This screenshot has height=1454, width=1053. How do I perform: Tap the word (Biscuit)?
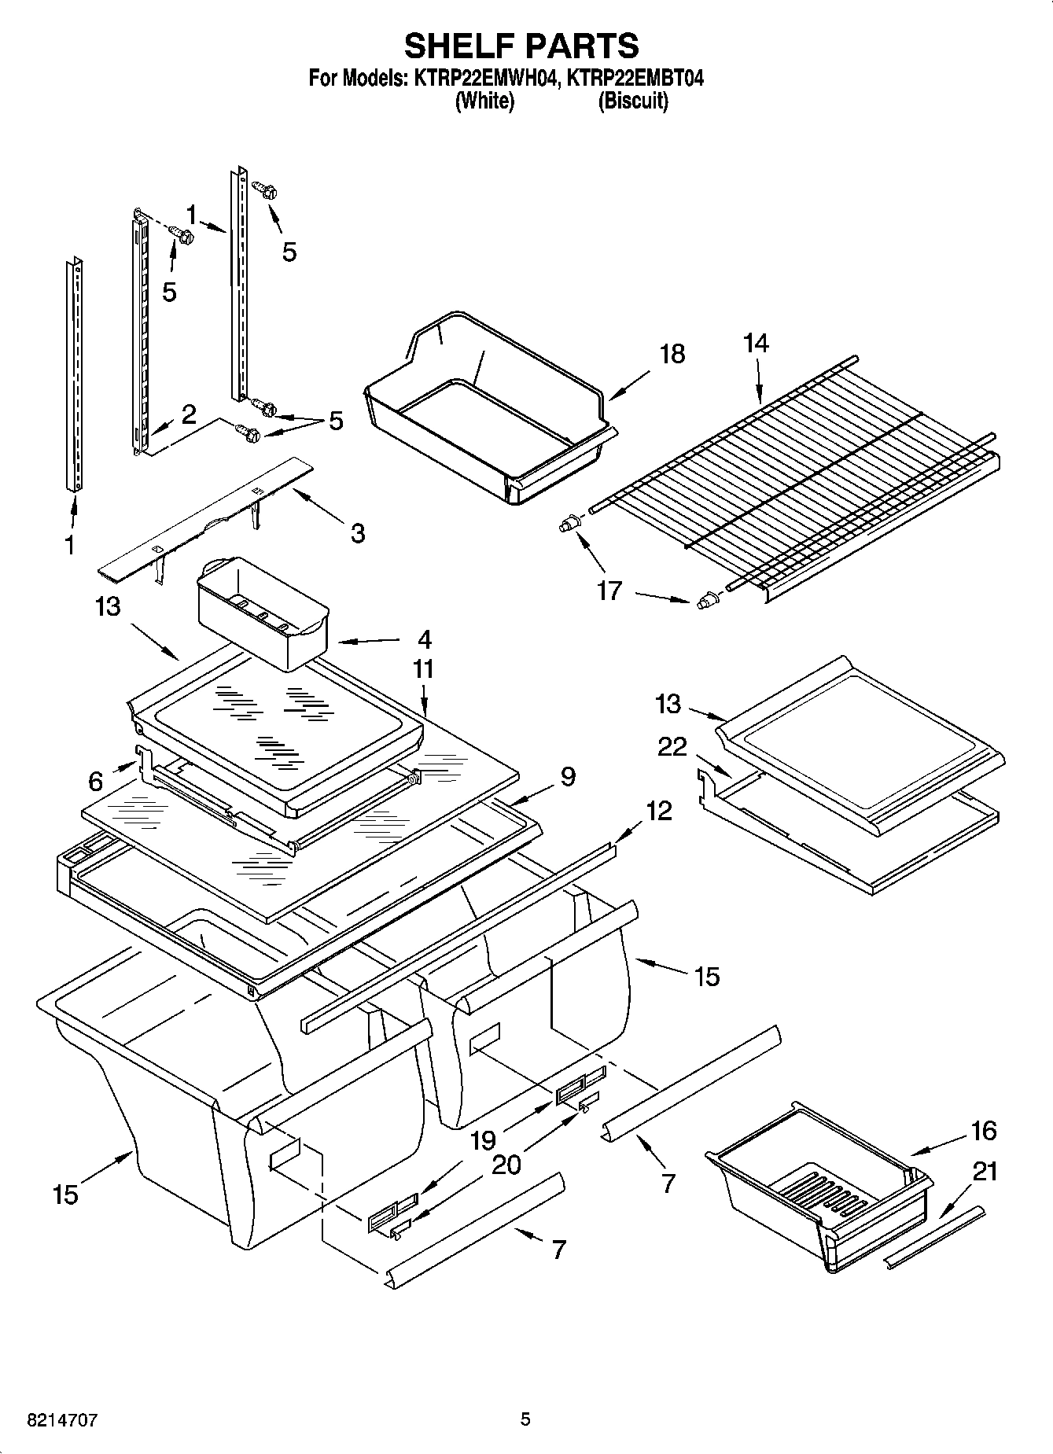633,101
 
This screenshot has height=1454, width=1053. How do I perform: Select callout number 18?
672,354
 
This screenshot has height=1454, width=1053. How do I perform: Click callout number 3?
358,533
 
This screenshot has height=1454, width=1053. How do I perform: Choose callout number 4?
424,639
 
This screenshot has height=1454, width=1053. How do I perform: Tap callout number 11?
423,670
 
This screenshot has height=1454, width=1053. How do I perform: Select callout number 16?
983,1131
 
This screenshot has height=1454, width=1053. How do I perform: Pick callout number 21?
985,1172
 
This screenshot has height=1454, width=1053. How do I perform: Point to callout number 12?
659,810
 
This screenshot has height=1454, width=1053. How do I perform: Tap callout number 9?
568,777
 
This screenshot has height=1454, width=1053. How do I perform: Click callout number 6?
95,781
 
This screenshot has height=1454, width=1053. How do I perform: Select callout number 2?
189,414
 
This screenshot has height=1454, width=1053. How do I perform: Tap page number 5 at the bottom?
525,1419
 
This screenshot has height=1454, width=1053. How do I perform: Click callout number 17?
609,590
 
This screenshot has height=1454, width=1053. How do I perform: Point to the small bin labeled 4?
260,613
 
